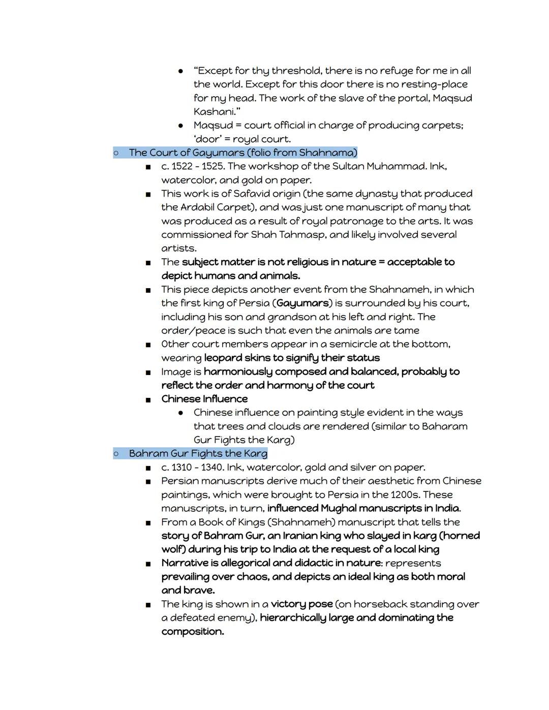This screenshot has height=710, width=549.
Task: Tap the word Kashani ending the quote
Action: (x=212, y=112)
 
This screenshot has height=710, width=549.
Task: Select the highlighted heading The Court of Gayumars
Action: (x=243, y=152)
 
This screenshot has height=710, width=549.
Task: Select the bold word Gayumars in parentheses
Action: (x=303, y=303)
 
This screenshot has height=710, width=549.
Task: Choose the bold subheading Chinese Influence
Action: (x=204, y=399)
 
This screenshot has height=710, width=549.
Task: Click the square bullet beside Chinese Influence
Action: (x=148, y=399)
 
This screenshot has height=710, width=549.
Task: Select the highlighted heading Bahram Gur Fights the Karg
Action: (x=198, y=453)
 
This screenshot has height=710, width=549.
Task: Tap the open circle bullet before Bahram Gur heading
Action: (x=116, y=453)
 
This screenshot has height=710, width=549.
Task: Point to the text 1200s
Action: (x=405, y=495)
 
